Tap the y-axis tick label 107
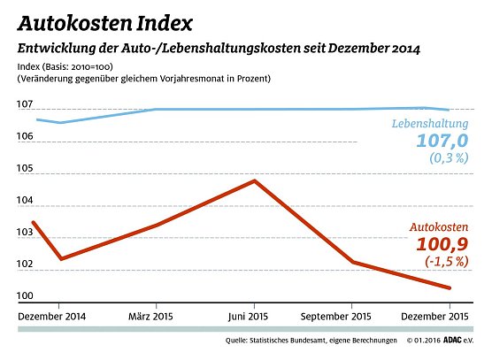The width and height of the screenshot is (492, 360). pos(24,106)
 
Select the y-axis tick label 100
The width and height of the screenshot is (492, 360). pos(24,296)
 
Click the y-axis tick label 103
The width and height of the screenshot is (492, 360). pos(24,233)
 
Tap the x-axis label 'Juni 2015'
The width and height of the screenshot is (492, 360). pos(255,316)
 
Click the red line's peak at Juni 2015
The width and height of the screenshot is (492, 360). pos(255,180)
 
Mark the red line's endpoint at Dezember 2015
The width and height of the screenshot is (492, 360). pos(450,287)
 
